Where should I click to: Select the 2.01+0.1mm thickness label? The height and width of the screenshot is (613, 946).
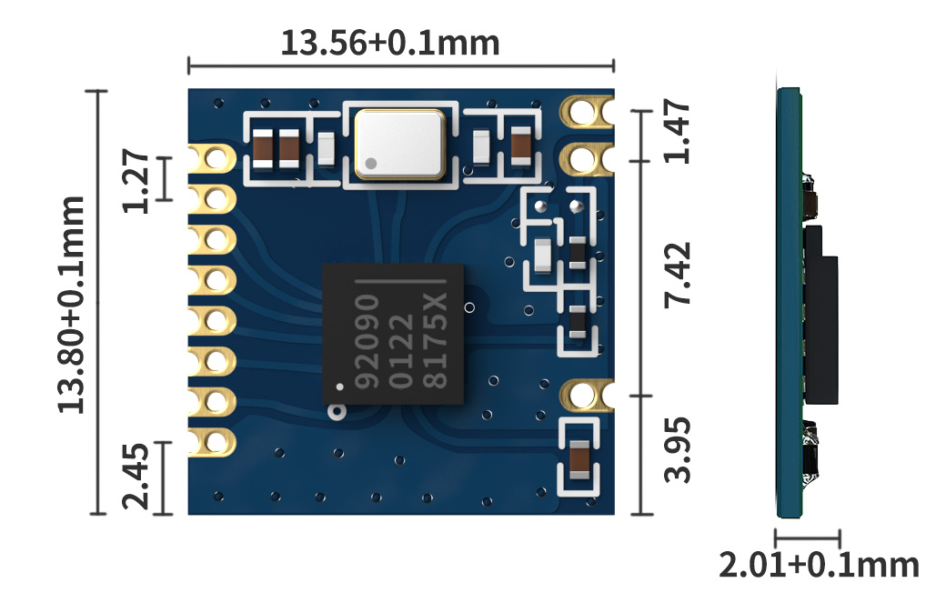click(819, 566)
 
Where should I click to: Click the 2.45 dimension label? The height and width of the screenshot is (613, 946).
click(136, 478)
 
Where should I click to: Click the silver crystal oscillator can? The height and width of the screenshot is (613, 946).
click(400, 143)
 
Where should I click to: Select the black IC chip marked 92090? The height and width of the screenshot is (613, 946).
click(393, 334)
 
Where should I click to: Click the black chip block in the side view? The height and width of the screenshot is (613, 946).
click(820, 315)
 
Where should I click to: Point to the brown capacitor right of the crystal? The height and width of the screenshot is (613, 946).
click(521, 146)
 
